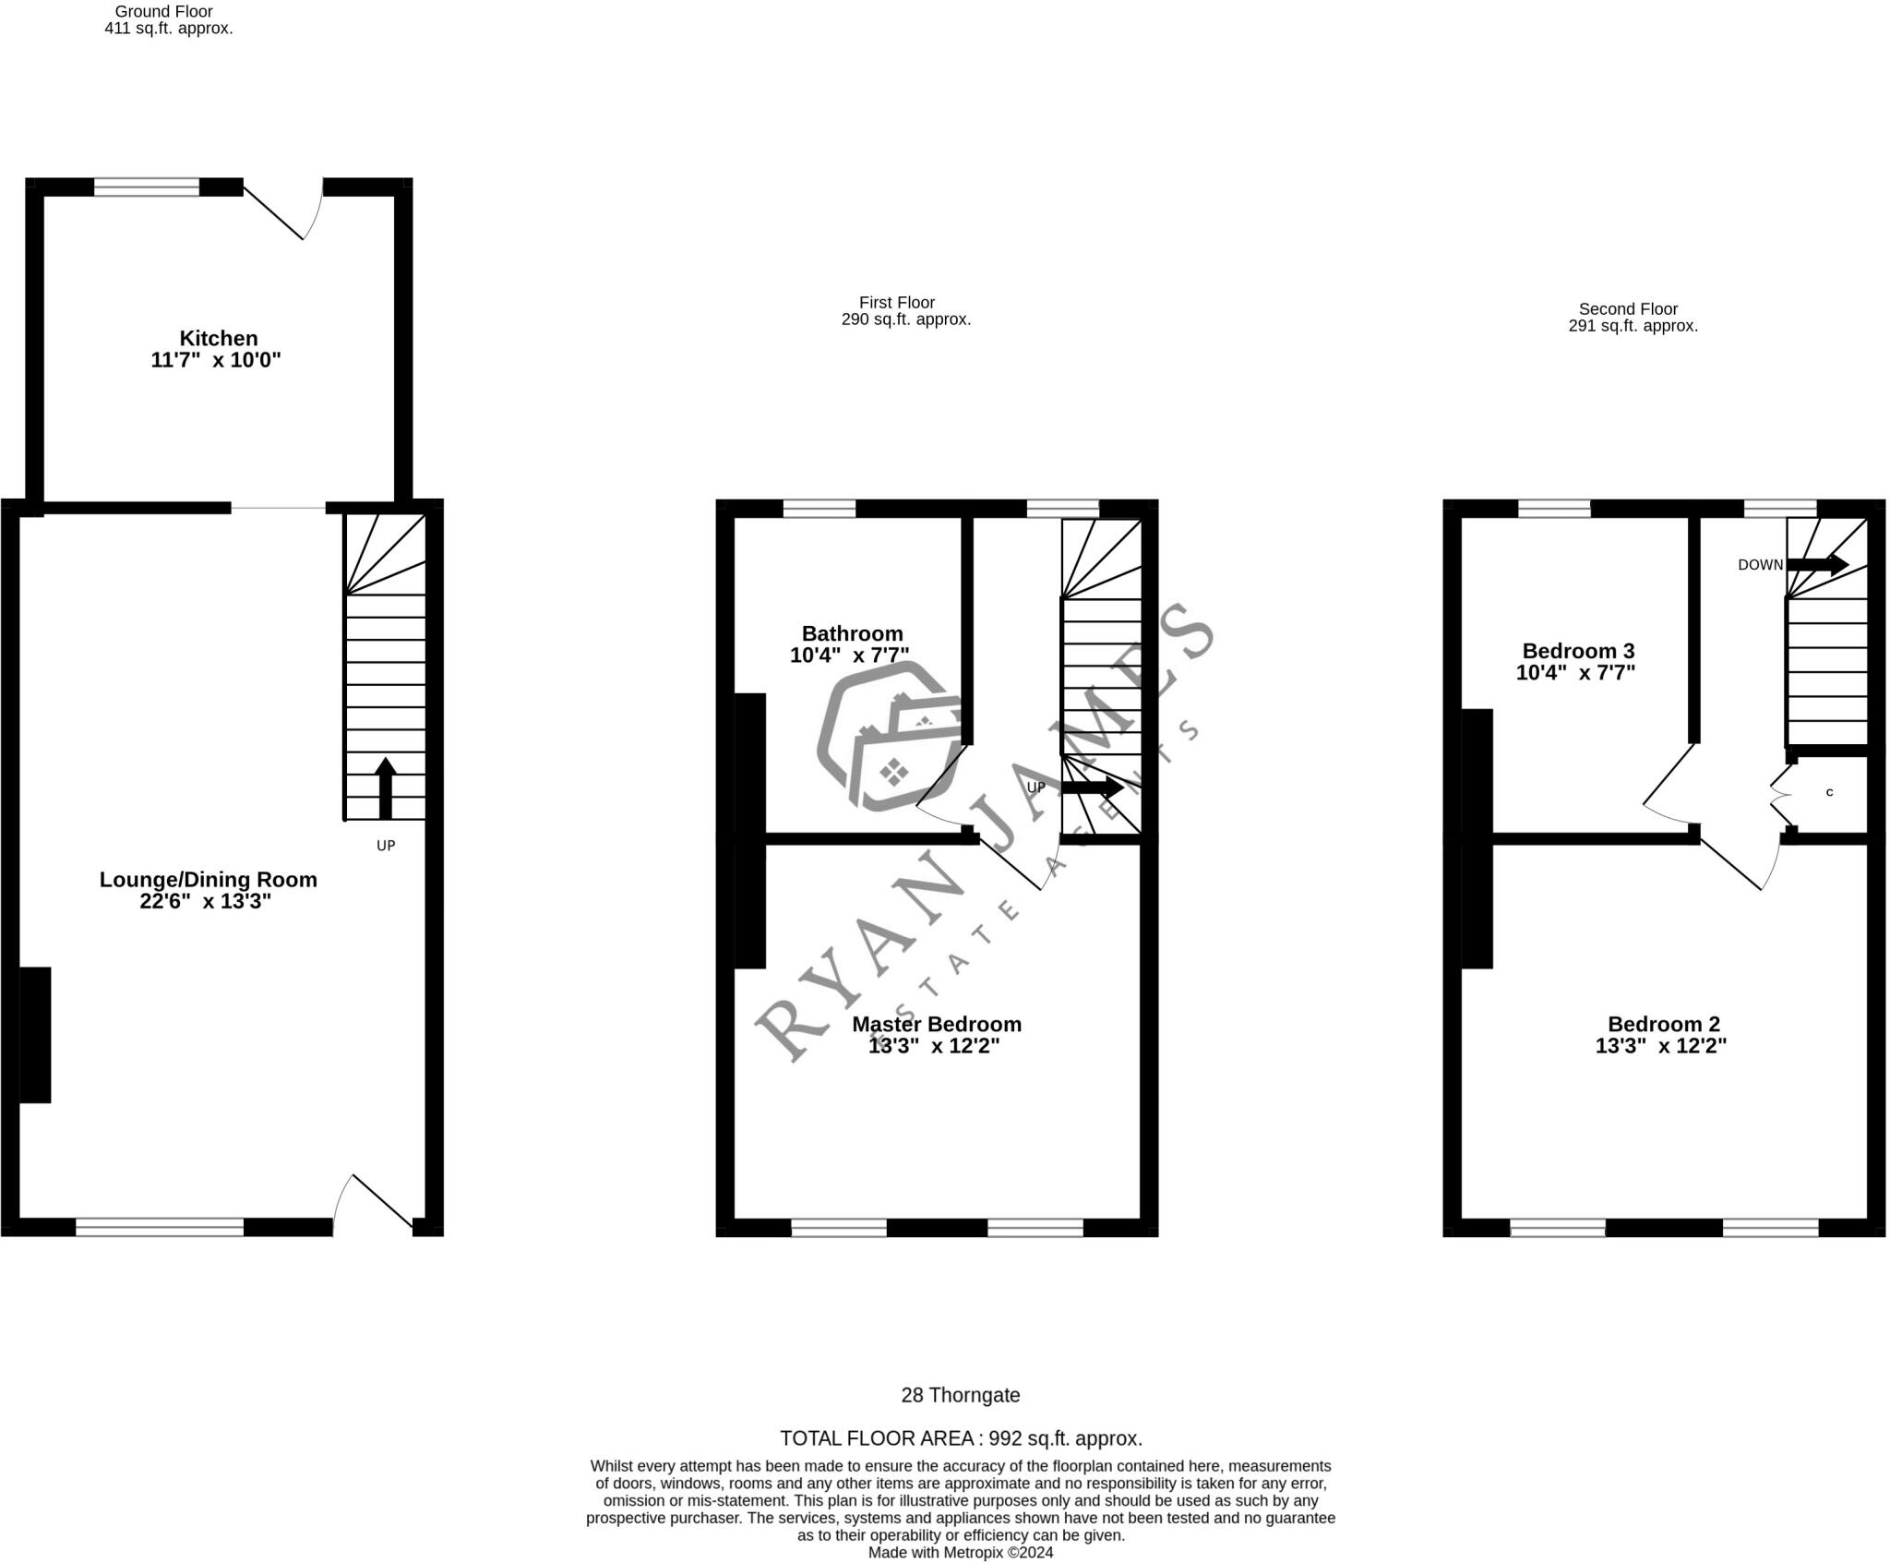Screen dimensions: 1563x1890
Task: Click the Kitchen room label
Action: pyautogui.click(x=218, y=338)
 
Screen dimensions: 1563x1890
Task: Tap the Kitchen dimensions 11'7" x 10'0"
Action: pyautogui.click(x=215, y=360)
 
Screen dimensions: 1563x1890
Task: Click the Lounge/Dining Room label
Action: pyautogui.click(x=208, y=880)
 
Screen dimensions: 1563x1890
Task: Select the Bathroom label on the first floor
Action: pyautogui.click(x=852, y=633)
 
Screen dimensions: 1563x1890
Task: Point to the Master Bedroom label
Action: pyautogui.click(x=936, y=1024)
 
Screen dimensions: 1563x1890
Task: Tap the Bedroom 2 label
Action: pyautogui.click(x=1663, y=1024)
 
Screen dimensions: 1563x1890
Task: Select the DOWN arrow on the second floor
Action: pyautogui.click(x=1816, y=564)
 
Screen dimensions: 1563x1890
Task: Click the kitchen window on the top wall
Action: pyautogui.click(x=147, y=187)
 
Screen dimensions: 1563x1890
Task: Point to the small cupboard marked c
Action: pyautogui.click(x=1829, y=792)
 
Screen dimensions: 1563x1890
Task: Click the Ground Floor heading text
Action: pyautogui.click(x=163, y=12)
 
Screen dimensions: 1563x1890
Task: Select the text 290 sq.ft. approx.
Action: pyautogui.click(x=905, y=320)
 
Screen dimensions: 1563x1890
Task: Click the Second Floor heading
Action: pyautogui.click(x=1628, y=309)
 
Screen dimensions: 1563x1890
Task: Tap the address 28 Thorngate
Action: pyautogui.click(x=960, y=1395)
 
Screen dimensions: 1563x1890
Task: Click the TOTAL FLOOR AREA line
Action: pyautogui.click(x=960, y=1438)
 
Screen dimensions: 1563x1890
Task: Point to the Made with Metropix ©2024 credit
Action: pyautogui.click(x=960, y=1553)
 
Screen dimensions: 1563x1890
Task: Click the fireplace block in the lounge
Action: pyautogui.click(x=35, y=1034)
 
